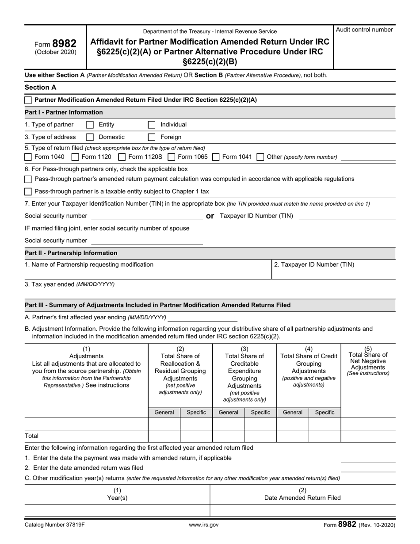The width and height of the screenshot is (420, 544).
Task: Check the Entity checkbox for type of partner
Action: click(90, 125)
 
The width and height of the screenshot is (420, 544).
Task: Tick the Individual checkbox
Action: click(152, 125)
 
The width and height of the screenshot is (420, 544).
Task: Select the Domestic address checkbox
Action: click(90, 137)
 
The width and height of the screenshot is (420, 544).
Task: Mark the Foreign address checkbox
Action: click(152, 137)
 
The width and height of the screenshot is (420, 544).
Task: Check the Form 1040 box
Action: click(28, 157)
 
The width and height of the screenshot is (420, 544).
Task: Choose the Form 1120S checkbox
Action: click(122, 157)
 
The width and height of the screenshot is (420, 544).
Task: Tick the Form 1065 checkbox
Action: click(172, 157)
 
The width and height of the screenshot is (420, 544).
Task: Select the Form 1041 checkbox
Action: click(216, 157)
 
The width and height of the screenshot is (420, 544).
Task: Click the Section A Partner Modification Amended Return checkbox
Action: click(28, 100)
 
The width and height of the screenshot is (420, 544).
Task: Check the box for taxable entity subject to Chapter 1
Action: click(28, 192)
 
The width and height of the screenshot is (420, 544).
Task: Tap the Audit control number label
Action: click(364, 30)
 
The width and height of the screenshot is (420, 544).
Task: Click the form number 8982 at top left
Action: click(64, 43)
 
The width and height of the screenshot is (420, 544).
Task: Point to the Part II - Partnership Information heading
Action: click(71, 253)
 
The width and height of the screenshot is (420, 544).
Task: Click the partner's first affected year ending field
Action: click(202, 318)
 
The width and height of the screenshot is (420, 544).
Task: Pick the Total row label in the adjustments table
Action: click(32, 436)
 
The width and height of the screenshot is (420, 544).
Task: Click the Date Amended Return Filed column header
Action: click(302, 498)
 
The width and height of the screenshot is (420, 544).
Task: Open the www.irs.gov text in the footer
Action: click(204, 525)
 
